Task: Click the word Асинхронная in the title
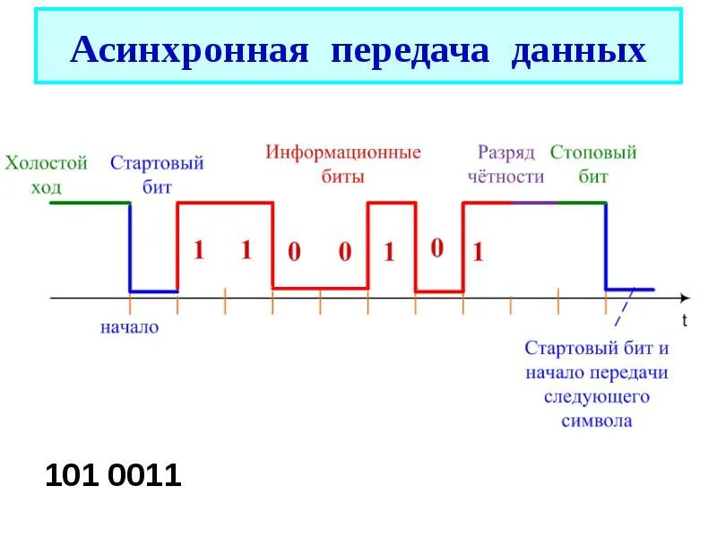click(x=189, y=49)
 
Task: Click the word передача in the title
click(x=411, y=49)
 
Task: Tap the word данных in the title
click(x=578, y=49)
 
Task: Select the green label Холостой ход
click(x=47, y=174)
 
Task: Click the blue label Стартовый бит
click(x=157, y=174)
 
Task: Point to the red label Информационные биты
click(x=342, y=163)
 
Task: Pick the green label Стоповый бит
click(x=592, y=164)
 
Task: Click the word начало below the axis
click(x=129, y=327)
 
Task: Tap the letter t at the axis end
click(x=685, y=318)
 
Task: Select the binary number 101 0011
click(x=113, y=476)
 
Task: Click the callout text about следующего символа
click(x=597, y=384)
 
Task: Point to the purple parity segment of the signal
click(x=533, y=204)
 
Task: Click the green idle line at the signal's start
click(x=90, y=204)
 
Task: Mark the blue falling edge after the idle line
click(x=130, y=247)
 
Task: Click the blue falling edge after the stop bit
click(x=607, y=247)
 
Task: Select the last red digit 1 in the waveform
click(x=478, y=253)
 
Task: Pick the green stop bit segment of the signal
click(x=581, y=204)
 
